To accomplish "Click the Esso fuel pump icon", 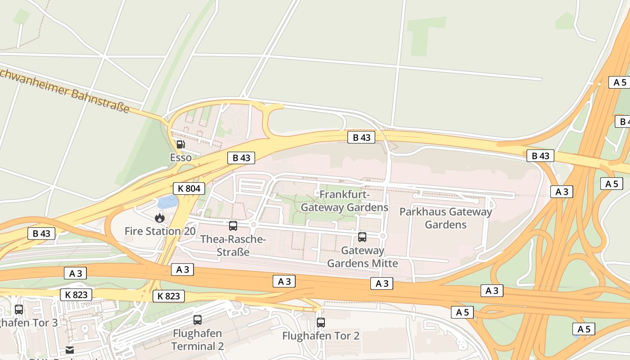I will click(180, 144).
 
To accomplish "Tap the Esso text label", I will click(180, 157).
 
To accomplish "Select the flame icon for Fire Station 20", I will click(159, 218).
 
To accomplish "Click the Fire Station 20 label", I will click(160, 231).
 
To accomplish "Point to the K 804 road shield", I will click(189, 189).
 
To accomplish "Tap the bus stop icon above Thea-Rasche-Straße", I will click(233, 226).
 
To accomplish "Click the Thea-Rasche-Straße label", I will click(233, 245).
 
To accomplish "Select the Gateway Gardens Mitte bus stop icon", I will click(362, 237).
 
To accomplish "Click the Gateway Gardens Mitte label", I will click(362, 257).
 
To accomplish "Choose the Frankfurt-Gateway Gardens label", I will click(344, 201).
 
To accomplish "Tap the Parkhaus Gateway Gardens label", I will click(445, 218).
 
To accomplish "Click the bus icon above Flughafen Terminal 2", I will click(198, 320).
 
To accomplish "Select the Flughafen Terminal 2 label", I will click(198, 340).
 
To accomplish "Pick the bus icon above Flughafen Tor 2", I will click(321, 323).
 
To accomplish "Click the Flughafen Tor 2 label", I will click(321, 336).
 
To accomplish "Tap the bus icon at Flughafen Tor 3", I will click(19, 310).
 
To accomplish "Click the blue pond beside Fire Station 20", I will click(167, 202).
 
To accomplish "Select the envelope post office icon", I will click(70, 350).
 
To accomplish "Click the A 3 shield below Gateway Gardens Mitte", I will click(382, 283).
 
